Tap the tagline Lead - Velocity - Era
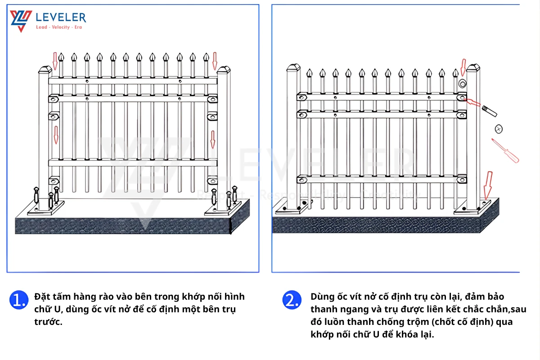[x=58, y=27]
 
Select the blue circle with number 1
[x=18, y=300]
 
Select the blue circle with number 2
[x=291, y=300]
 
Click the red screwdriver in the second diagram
[x=504, y=150]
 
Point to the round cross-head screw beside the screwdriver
[x=498, y=129]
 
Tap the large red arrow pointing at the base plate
[x=487, y=184]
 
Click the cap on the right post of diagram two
[x=473, y=68]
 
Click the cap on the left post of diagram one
[x=45, y=70]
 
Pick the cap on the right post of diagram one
[x=224, y=70]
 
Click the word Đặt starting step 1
[x=42, y=297]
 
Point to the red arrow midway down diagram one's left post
[x=56, y=135]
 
